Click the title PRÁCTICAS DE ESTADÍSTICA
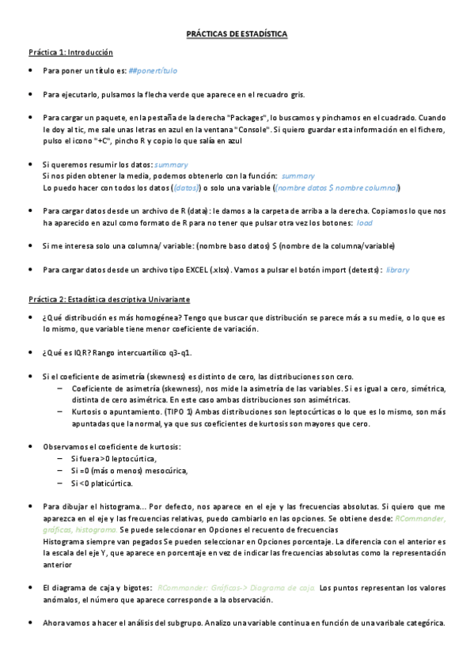[237, 36]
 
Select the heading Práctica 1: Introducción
[70, 53]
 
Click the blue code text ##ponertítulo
[153, 71]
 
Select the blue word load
[365, 223]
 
